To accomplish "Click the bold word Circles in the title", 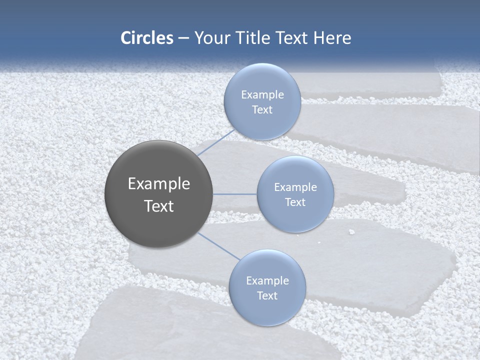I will pyautogui.click(x=147, y=38).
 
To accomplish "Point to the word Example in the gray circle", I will pyautogui.click(x=159, y=184).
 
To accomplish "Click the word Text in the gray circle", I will pyautogui.click(x=159, y=206).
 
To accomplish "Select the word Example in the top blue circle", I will pyautogui.click(x=262, y=95).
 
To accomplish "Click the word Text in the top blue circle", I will pyautogui.click(x=262, y=110).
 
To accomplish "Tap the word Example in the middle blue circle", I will pyautogui.click(x=295, y=187).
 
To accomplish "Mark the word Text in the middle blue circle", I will pyautogui.click(x=295, y=202).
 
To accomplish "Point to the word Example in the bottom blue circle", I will pyautogui.click(x=267, y=281).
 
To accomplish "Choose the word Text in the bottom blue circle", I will pyautogui.click(x=267, y=296).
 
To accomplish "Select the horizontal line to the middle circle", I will pyautogui.click(x=235, y=194).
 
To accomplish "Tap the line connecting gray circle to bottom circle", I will pyautogui.click(x=218, y=246).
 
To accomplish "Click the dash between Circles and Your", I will pyautogui.click(x=183, y=38).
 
